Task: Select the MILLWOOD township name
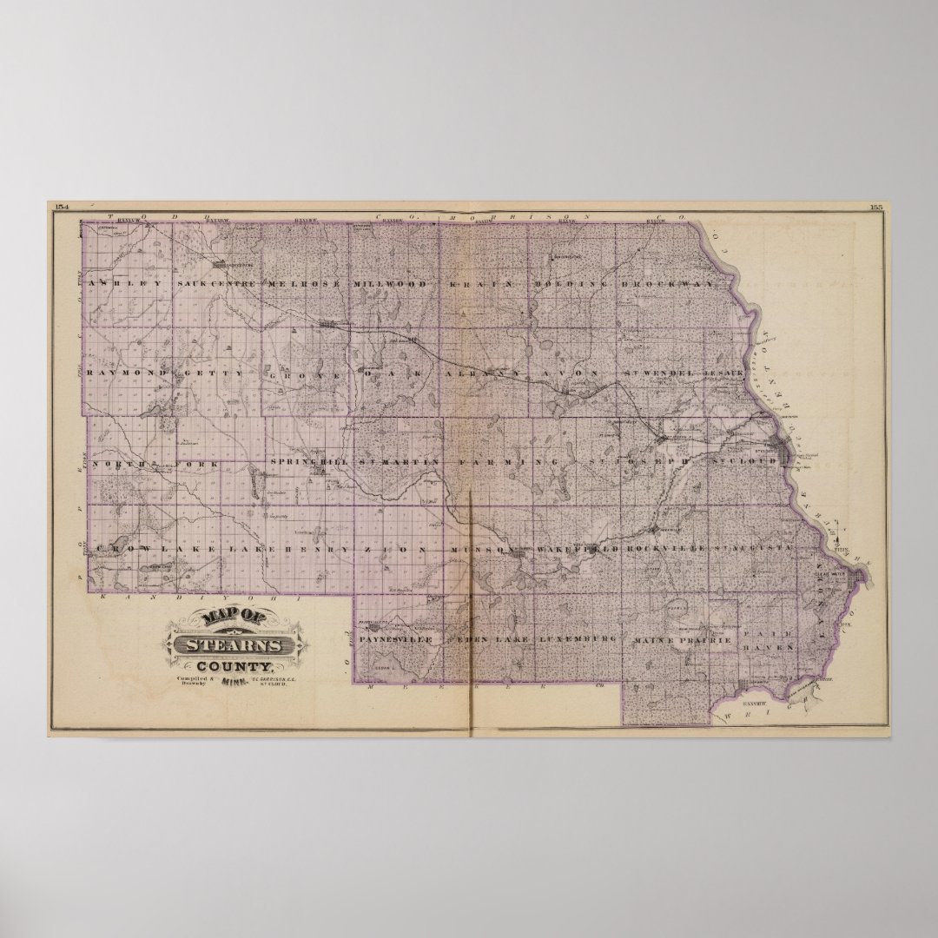[390, 284]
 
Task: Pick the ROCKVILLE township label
[665, 550]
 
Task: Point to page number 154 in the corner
[61, 206]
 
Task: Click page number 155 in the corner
[875, 206]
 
